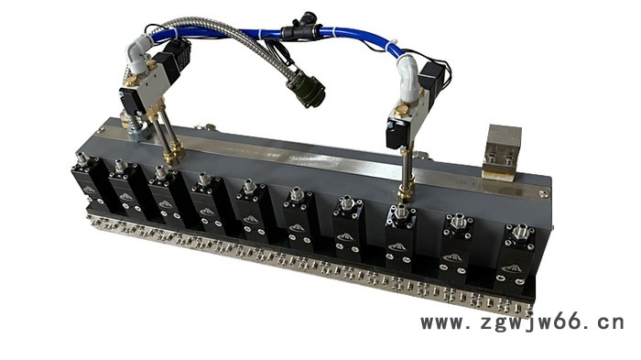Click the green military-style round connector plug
pyautogui.click(x=306, y=88)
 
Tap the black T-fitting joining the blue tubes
pyautogui.click(x=300, y=27)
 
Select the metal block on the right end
pyautogui.click(x=502, y=152)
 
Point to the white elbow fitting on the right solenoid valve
pyautogui.click(x=408, y=79)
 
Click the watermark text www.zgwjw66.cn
pyautogui.click(x=522, y=322)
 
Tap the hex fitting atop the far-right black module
pyautogui.click(x=520, y=232)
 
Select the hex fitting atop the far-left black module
pyautogui.click(x=82, y=158)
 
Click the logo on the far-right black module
pyautogui.click(x=512, y=268)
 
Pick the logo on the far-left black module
pyautogui.click(x=90, y=190)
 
